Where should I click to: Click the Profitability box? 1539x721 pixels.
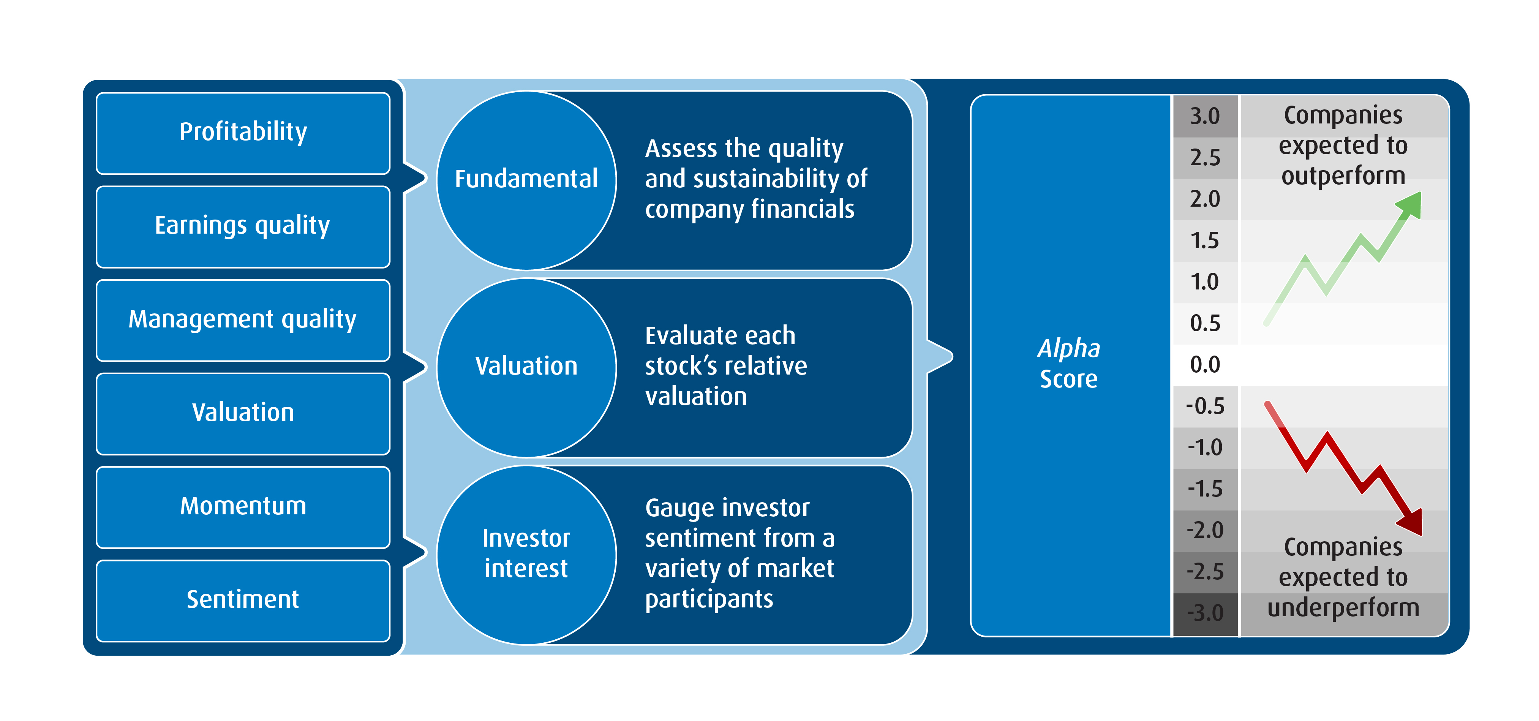pyautogui.click(x=243, y=133)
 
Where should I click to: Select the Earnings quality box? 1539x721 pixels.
pyautogui.click(x=243, y=226)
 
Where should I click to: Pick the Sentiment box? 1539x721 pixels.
pyautogui.click(x=243, y=600)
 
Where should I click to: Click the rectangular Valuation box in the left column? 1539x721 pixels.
pyautogui.click(x=243, y=413)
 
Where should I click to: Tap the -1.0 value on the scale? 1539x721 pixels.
pyautogui.click(x=1204, y=448)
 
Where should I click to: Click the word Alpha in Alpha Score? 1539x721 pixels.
pyautogui.click(x=1068, y=349)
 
